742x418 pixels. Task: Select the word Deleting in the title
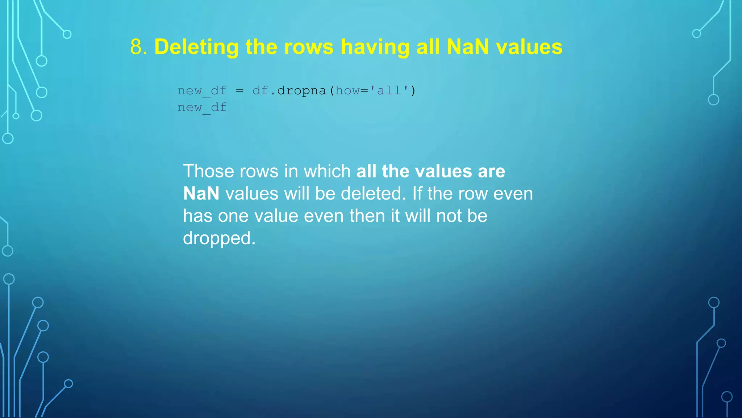[x=196, y=47]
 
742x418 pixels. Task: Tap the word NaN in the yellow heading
[x=468, y=47]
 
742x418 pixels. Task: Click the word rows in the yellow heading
[x=309, y=47]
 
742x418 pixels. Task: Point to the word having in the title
[x=375, y=47]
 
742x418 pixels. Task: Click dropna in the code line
[x=301, y=90]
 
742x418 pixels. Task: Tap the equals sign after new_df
[x=239, y=90]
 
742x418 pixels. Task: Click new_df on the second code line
[x=202, y=107]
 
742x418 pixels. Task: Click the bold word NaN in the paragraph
[x=201, y=193]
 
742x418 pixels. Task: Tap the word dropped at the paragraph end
[x=219, y=238]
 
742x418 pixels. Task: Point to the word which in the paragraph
[x=327, y=171]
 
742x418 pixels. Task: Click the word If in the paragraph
[x=417, y=193]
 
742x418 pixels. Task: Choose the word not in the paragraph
[x=449, y=216]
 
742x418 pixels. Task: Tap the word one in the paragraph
[x=233, y=216]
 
